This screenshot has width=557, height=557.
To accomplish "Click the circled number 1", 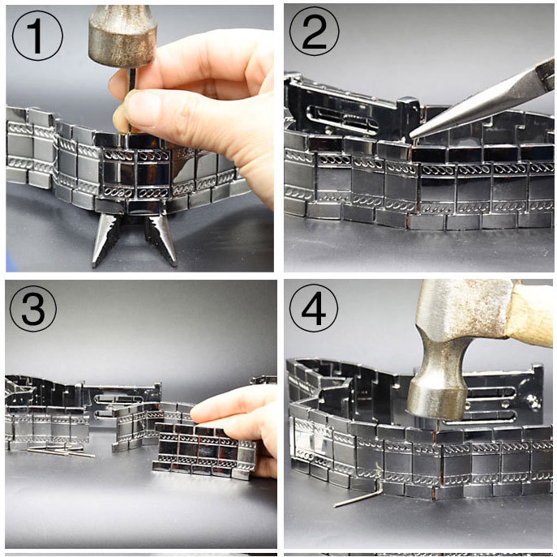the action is pos(37,36).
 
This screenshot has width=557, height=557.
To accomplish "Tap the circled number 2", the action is pos(314,32).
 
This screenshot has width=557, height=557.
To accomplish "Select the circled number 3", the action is pos(33,307).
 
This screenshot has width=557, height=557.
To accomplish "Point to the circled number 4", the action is pos(313,307).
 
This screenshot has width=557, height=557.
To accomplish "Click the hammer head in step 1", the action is pos(122,35).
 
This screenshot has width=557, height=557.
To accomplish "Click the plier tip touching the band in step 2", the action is pos(411,135).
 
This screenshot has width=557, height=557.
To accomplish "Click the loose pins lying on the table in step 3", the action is pos(61,452).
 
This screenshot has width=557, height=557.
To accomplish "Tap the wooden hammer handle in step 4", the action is pos(530,313).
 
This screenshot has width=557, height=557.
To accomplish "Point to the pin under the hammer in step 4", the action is pos(436,426).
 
